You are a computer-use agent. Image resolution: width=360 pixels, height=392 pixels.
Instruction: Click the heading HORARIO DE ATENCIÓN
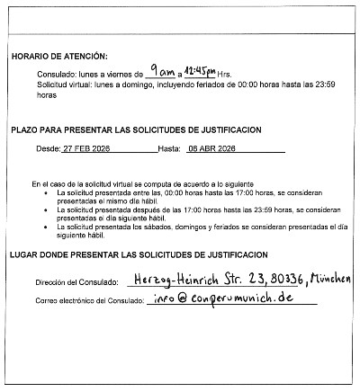click(x=59, y=56)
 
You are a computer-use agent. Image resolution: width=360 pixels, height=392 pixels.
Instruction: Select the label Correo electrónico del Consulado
click(x=93, y=300)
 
